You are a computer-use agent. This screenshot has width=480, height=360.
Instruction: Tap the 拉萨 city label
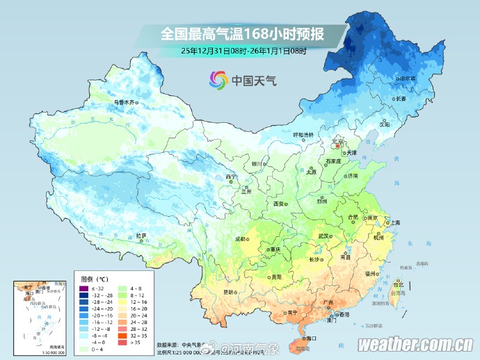[141, 236]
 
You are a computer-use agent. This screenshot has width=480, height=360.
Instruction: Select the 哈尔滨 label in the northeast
[406, 79]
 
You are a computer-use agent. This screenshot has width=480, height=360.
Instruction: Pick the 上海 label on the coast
[394, 222]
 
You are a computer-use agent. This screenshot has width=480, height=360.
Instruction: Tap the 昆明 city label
[228, 292]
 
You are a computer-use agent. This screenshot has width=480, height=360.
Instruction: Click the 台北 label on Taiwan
[398, 284]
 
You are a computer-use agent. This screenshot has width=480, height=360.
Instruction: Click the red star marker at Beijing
[337, 145]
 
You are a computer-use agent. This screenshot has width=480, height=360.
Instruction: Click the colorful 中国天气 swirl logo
[218, 80]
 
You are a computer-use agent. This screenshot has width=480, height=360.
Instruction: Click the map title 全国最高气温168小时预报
[243, 33]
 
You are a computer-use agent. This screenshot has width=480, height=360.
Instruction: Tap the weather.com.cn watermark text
[416, 345]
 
